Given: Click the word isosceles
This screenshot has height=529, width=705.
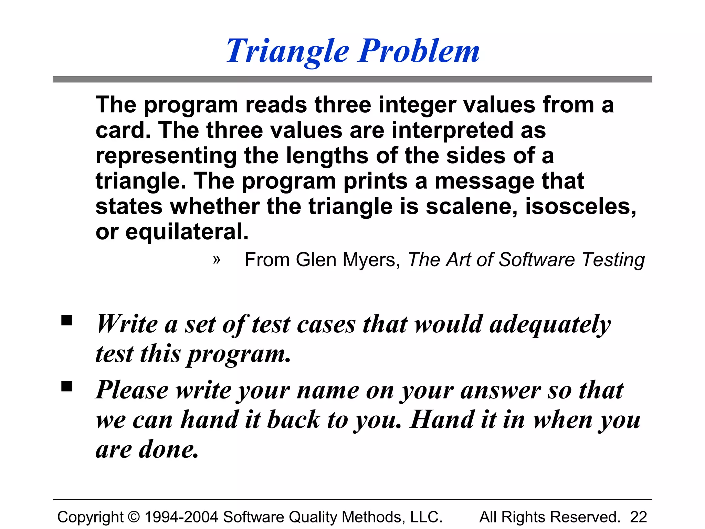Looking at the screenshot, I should (580, 207).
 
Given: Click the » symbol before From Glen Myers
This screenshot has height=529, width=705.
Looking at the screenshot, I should (216, 259).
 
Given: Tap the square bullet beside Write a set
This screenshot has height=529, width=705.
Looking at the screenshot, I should (66, 320).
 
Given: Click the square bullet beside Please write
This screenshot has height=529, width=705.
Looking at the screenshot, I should (66, 386).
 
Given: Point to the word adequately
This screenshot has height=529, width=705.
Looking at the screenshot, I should (550, 325).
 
